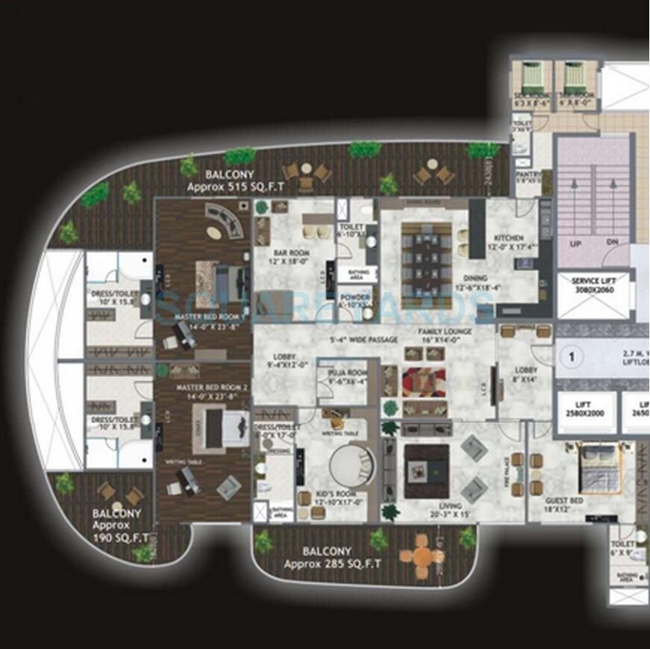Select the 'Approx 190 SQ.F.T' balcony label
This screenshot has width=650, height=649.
point(116,525)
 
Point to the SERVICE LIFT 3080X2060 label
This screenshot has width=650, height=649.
point(592,285)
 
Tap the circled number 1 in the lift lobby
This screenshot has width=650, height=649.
point(572,357)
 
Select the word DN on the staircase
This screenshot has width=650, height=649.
point(613,243)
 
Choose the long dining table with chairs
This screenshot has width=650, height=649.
point(426,258)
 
